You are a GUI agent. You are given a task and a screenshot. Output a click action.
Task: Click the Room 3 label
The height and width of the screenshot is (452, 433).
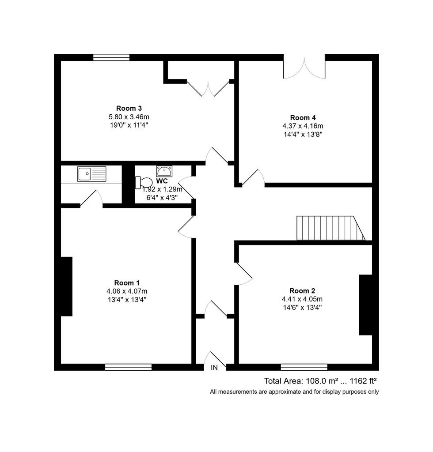129,109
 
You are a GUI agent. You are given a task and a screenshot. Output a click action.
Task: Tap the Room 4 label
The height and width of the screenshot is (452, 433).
303,117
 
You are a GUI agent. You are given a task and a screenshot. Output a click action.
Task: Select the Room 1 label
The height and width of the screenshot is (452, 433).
127,283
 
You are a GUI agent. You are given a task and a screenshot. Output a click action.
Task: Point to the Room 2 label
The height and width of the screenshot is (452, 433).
302,290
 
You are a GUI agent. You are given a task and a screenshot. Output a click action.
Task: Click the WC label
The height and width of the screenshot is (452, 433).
162,181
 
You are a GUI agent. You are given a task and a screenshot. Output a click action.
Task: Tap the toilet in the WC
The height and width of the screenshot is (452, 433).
144,182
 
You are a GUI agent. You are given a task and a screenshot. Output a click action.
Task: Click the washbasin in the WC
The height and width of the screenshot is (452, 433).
164,171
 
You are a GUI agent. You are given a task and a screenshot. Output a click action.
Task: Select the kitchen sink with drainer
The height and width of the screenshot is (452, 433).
91,174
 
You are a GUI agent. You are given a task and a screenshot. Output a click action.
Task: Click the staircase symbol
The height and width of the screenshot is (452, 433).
331,228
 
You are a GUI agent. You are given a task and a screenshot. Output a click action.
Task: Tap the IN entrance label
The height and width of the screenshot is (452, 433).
214,368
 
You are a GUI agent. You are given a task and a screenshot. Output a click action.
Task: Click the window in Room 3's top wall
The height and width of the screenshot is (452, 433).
111,57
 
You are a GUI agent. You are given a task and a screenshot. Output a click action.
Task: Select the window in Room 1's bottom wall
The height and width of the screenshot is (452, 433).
129,367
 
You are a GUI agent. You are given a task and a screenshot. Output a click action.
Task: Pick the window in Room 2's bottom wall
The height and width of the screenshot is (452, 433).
304,367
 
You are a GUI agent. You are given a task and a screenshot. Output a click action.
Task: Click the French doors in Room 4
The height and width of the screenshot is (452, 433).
304,68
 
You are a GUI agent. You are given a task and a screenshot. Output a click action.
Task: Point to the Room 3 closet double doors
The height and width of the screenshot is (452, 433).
208,88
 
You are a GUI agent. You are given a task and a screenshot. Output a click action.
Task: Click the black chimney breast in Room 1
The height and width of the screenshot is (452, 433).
66,286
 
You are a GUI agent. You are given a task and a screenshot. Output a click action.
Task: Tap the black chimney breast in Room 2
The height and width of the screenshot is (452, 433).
365,305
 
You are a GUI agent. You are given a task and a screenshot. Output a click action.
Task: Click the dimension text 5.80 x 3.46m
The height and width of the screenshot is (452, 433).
129,117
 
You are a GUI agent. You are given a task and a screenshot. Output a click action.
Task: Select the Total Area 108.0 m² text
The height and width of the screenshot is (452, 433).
301,381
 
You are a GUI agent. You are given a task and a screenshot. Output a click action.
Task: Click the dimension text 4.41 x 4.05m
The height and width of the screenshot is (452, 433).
302,299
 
